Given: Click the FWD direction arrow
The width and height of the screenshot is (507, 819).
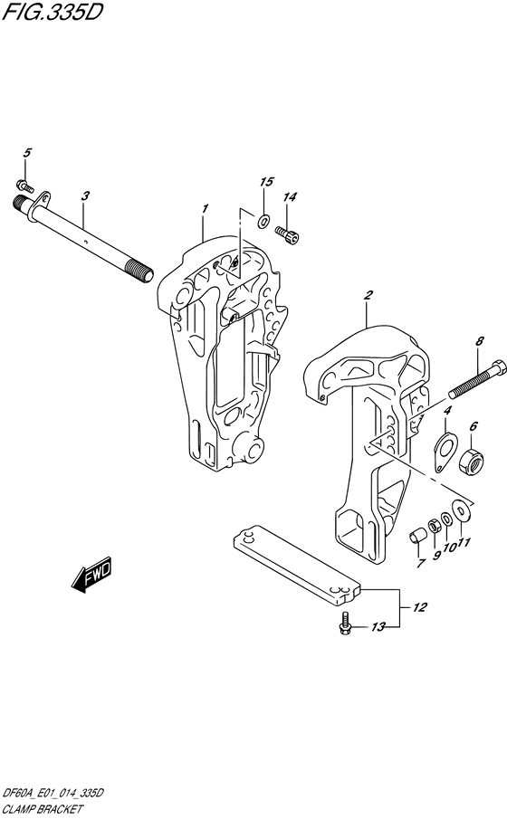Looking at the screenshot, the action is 91,574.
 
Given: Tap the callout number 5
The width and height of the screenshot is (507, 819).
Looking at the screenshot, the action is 27,153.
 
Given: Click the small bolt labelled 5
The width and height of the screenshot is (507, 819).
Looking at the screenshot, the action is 25,186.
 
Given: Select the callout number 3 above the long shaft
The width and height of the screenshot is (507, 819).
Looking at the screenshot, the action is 85,195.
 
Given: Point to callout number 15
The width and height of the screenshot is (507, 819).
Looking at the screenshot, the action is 266,182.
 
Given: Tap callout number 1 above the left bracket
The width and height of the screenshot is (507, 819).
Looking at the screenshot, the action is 206,208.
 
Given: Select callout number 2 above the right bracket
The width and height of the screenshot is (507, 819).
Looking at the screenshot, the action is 368,295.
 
